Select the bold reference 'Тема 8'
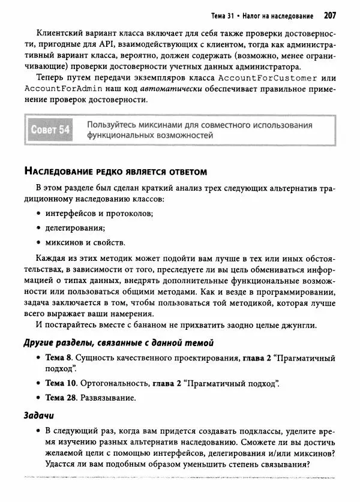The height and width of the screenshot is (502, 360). [x=59, y=357]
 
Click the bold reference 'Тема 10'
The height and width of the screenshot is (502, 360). [x=61, y=383]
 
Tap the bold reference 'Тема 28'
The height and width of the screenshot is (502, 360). [x=61, y=398]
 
